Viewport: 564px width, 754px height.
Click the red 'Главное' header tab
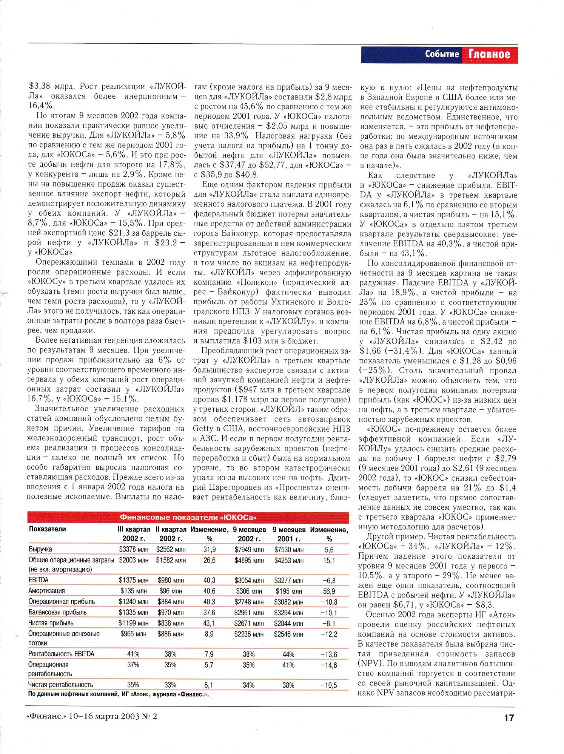point(489,54)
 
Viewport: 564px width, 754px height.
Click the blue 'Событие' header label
point(442,54)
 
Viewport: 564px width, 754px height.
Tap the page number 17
point(509,717)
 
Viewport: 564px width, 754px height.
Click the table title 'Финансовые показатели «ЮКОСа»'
point(188,517)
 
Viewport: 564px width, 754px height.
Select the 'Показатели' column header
point(48,529)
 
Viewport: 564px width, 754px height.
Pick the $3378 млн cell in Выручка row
point(134,550)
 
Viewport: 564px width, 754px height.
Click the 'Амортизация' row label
point(47,591)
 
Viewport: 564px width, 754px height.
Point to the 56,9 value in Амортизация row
point(329,591)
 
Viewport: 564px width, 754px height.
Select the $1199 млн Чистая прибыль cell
point(133,624)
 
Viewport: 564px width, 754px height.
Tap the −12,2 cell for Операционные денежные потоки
point(329,634)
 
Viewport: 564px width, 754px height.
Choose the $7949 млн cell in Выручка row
point(249,550)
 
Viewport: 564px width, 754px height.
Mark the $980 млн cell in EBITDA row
point(171,580)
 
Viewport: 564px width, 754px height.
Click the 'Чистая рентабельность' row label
point(60,685)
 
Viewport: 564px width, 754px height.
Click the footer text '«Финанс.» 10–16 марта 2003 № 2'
point(92,716)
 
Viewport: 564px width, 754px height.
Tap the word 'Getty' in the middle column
point(203,429)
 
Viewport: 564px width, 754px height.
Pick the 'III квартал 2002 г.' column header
point(134,534)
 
